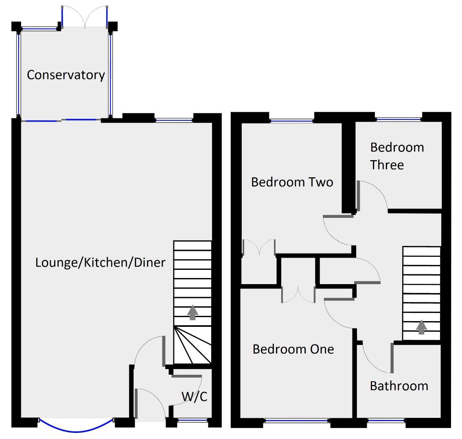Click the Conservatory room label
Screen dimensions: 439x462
click(66, 75)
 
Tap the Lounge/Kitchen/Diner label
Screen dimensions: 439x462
click(100, 263)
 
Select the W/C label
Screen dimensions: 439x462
click(194, 396)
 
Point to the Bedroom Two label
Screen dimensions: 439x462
click(292, 182)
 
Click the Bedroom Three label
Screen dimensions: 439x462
click(396, 156)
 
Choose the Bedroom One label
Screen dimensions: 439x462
click(293, 349)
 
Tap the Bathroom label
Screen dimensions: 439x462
click(399, 386)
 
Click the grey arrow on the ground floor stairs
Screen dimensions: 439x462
click(193, 313)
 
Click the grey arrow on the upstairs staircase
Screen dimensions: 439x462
click(421, 327)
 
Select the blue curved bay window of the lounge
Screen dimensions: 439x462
click(76, 427)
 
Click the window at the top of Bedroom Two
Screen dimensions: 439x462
click(291, 120)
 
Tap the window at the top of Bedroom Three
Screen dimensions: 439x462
click(398, 119)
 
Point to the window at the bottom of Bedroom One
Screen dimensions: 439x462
click(297, 421)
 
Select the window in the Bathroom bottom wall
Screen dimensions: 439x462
click(385, 421)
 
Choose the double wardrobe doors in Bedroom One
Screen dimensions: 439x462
click(298, 294)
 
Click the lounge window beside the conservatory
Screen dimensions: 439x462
click(174, 120)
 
